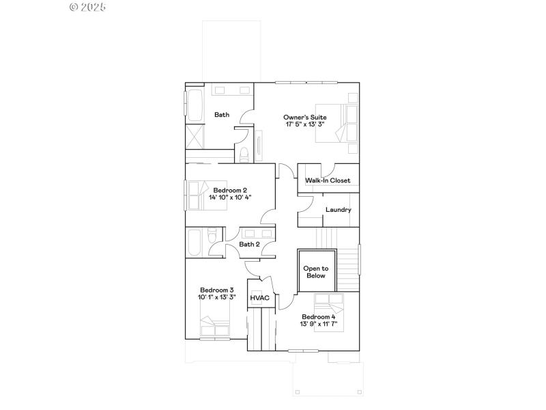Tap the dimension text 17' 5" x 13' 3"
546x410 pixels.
(x=304, y=125)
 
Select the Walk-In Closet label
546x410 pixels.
(x=328, y=180)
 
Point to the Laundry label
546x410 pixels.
(x=338, y=210)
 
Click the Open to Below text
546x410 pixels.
(x=316, y=272)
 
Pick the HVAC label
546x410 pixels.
(x=260, y=298)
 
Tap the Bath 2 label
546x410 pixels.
(x=249, y=244)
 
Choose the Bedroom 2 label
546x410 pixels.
(x=230, y=190)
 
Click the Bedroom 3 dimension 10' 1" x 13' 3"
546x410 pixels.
(x=216, y=297)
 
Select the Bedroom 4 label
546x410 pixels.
(x=319, y=317)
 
